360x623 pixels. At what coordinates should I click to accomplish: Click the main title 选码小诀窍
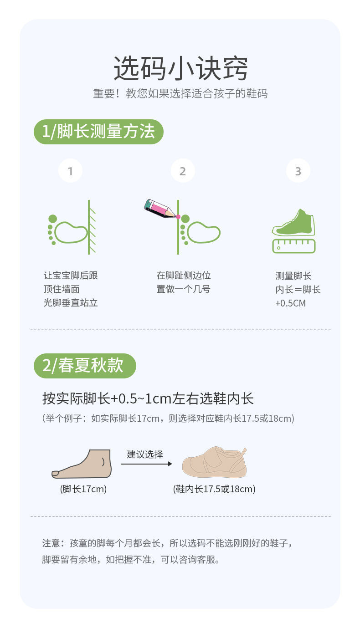pyautogui.click(x=180, y=68)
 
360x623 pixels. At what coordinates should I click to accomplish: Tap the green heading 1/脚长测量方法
pyautogui.click(x=98, y=132)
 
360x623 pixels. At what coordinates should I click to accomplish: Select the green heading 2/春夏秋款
pyautogui.click(x=85, y=365)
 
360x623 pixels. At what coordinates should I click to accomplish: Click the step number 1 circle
pyautogui.click(x=70, y=171)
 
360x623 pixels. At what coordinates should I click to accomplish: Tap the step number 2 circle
pyautogui.click(x=183, y=171)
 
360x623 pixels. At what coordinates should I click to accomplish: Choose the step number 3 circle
pyautogui.click(x=298, y=171)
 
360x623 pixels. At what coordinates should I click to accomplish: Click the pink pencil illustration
pyautogui.click(x=160, y=209)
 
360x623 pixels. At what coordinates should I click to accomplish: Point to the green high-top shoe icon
pyautogui.click(x=294, y=223)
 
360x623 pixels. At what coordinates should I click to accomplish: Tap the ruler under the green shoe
pyautogui.click(x=294, y=246)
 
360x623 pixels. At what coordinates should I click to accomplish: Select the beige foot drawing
pyautogui.click(x=82, y=464)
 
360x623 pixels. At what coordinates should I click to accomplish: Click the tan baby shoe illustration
pyautogui.click(x=215, y=462)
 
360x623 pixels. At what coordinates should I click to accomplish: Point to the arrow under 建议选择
pyautogui.click(x=146, y=464)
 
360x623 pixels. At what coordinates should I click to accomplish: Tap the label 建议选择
pyautogui.click(x=145, y=454)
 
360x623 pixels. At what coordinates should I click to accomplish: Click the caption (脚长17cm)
pyautogui.click(x=83, y=489)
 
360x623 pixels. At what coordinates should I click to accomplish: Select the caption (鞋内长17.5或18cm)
pyautogui.click(x=214, y=489)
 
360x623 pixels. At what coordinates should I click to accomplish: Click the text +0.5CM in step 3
pyautogui.click(x=290, y=303)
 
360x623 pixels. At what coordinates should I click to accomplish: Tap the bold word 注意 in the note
pyautogui.click(x=51, y=543)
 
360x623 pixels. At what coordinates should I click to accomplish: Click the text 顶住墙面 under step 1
pyautogui.click(x=62, y=289)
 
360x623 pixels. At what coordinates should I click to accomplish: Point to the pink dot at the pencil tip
pyautogui.click(x=178, y=217)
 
